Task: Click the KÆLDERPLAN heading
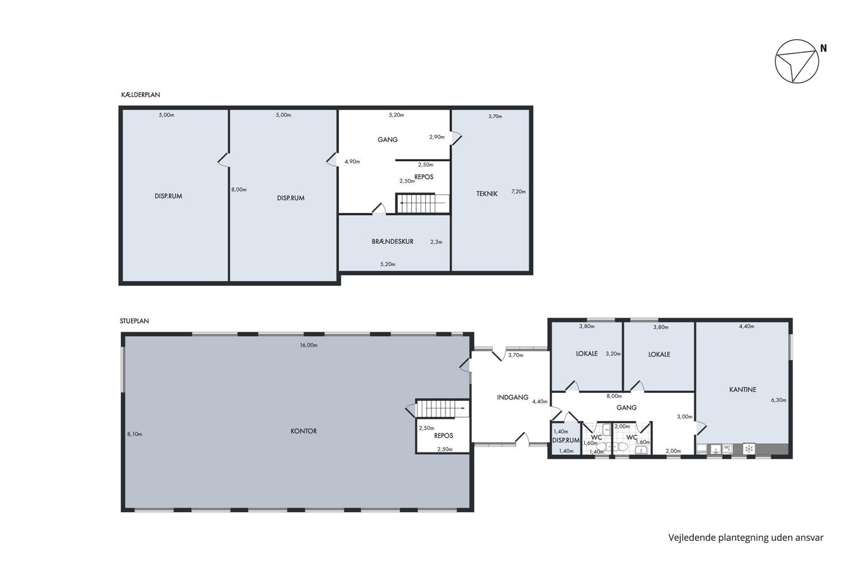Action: point(140,94)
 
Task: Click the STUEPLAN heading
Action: point(134,321)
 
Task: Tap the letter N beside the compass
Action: point(823,48)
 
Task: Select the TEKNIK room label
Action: point(487,194)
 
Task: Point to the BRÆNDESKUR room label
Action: point(393,242)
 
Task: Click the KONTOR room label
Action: point(303,431)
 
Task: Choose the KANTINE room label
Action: point(743,390)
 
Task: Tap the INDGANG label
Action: point(512,397)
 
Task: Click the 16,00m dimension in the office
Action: point(309,345)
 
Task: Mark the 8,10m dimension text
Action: point(134,434)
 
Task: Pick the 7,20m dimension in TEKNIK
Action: point(518,191)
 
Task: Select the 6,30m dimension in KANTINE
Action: point(779,400)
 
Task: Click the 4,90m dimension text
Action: point(352,162)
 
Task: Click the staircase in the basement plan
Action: point(422,204)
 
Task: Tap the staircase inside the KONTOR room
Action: point(442,408)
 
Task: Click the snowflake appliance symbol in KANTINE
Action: point(749,449)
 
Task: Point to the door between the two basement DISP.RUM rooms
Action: point(224,159)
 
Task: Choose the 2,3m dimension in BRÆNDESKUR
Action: point(436,242)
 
